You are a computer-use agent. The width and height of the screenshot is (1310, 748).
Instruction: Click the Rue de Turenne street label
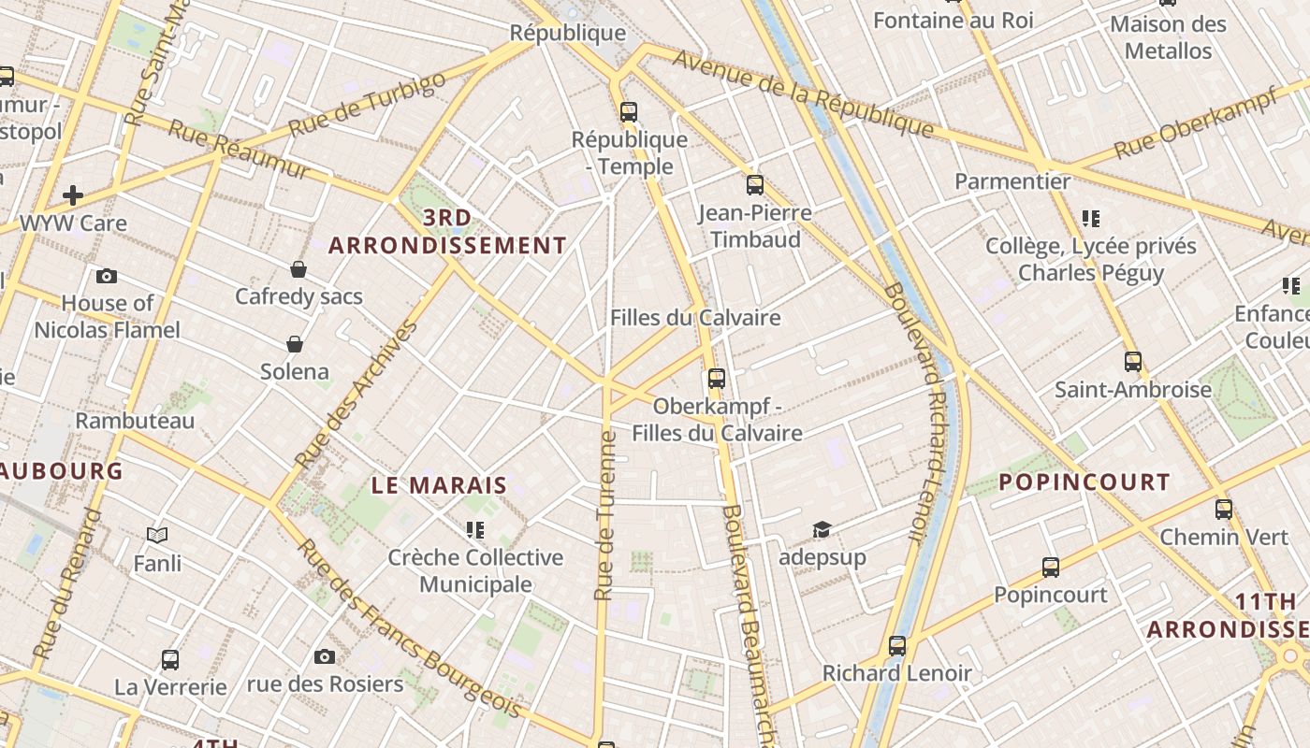(x=605, y=515)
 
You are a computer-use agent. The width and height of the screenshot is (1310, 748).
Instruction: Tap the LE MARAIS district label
(x=439, y=485)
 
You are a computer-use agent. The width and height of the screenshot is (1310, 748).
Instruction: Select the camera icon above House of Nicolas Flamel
(x=107, y=276)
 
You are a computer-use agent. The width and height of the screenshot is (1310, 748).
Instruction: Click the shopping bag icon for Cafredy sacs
(x=298, y=269)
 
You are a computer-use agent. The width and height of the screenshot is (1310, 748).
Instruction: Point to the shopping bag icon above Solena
(x=295, y=344)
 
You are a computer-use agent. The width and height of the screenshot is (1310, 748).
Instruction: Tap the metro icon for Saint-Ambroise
(x=1133, y=362)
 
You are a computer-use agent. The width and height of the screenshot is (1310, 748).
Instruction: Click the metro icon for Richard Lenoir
(x=897, y=645)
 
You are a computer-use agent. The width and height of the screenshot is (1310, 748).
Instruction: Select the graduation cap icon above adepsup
(x=822, y=530)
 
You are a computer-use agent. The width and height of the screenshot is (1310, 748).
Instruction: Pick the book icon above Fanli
(x=157, y=536)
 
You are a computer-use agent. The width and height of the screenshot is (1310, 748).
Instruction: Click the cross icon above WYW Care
(x=73, y=195)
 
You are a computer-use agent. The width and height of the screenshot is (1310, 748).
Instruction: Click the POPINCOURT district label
(x=1084, y=482)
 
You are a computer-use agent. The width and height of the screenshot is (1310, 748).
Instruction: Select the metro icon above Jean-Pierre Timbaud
(x=755, y=185)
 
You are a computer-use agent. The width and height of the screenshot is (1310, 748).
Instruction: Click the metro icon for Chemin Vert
(x=1224, y=510)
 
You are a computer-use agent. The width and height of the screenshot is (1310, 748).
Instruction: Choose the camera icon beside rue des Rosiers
(x=325, y=656)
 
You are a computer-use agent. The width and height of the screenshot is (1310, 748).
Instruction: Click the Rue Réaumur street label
(x=239, y=150)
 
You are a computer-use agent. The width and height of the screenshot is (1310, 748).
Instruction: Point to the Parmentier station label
(x=1012, y=181)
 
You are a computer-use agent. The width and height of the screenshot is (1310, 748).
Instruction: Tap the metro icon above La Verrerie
(x=170, y=659)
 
